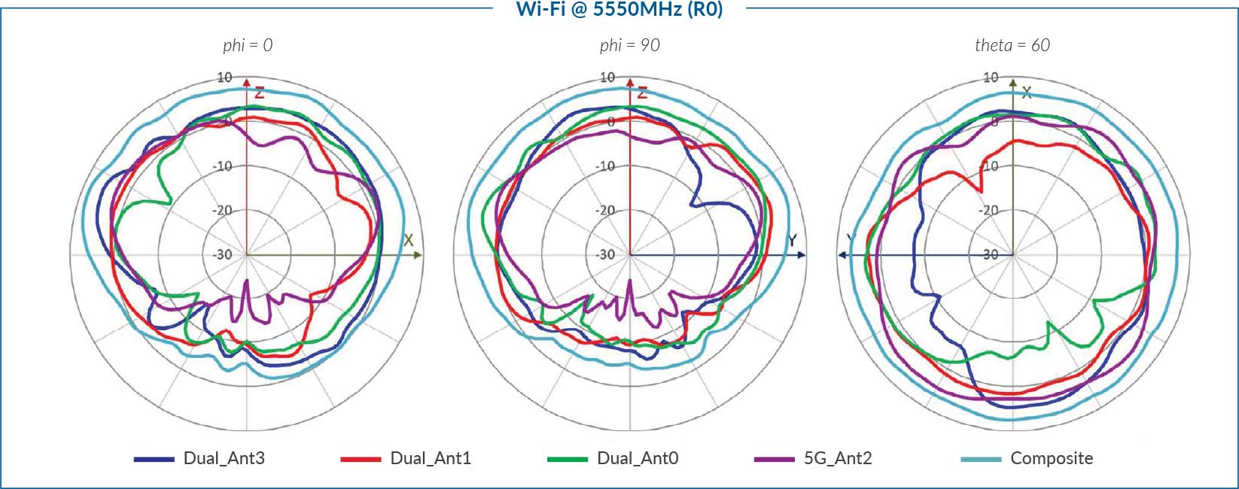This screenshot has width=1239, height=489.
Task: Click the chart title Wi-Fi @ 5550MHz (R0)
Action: (x=619, y=10)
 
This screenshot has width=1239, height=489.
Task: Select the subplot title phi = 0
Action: (x=248, y=45)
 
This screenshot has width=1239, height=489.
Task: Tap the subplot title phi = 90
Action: (x=629, y=45)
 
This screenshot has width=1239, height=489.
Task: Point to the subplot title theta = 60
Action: (x=1012, y=45)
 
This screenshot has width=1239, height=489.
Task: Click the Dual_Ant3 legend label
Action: (x=224, y=458)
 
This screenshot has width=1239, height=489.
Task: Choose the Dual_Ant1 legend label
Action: (x=431, y=458)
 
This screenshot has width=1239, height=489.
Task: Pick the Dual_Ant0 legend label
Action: (x=637, y=458)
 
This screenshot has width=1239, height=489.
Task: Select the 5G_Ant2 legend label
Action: (x=837, y=458)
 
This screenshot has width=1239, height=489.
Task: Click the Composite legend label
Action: (x=1051, y=458)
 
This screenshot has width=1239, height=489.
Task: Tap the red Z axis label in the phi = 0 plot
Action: (x=259, y=93)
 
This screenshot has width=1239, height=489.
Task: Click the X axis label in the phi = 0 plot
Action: (x=408, y=241)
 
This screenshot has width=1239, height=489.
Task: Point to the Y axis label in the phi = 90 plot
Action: (x=792, y=241)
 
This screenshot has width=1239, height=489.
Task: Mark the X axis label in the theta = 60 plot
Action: (x=1026, y=93)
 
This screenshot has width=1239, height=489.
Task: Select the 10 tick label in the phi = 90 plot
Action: (x=607, y=77)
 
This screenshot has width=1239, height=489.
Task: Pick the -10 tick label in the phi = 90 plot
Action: (x=606, y=166)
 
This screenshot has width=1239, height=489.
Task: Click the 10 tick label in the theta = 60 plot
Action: (x=991, y=77)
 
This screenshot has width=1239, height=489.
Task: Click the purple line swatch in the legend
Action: (x=774, y=459)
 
